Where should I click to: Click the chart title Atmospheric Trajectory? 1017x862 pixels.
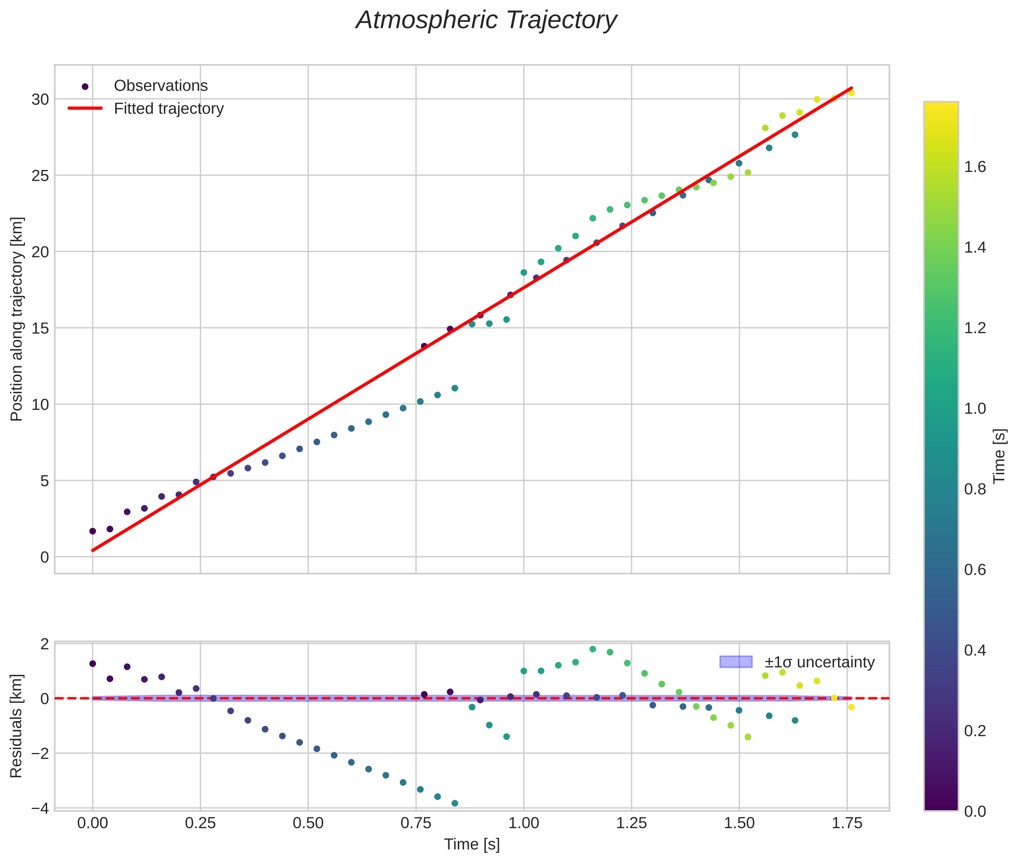pyautogui.click(x=486, y=20)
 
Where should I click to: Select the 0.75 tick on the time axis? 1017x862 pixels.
pyautogui.click(x=416, y=823)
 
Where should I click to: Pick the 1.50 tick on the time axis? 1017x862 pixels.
pyautogui.click(x=739, y=823)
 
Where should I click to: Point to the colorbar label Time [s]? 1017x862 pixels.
pyautogui.click(x=999, y=456)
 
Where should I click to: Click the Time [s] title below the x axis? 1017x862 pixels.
pyautogui.click(x=472, y=844)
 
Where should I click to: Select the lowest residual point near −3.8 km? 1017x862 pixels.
pyautogui.click(x=454, y=803)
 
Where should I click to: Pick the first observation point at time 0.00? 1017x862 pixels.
pyautogui.click(x=93, y=531)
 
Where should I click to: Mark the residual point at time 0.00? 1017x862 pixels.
pyautogui.click(x=93, y=664)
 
